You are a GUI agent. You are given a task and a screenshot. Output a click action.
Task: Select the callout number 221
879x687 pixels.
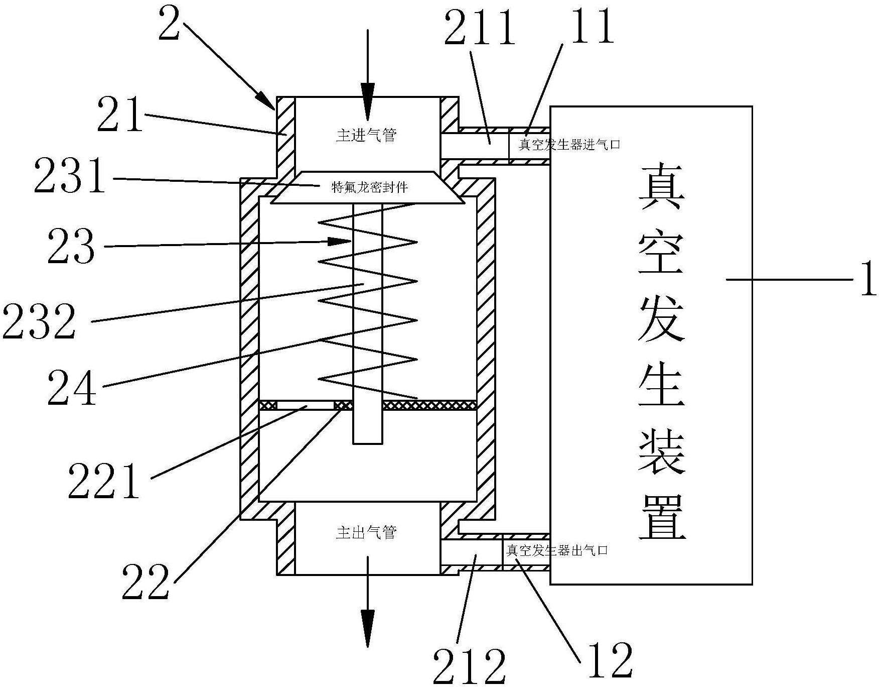tap(104, 481)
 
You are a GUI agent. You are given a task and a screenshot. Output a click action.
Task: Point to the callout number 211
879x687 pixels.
tap(480, 29)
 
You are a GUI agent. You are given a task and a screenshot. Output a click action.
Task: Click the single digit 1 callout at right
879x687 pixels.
tap(867, 279)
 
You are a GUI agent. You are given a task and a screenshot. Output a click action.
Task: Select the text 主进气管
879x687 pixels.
tap(366, 135)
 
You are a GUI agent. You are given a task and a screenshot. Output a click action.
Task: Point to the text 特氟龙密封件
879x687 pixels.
tap(370, 187)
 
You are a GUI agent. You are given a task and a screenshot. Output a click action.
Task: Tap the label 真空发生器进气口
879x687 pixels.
tap(569, 145)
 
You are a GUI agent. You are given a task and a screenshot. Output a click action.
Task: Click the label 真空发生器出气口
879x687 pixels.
tap(557, 550)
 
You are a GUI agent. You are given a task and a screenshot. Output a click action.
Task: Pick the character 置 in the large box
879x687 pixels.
tap(662, 518)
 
